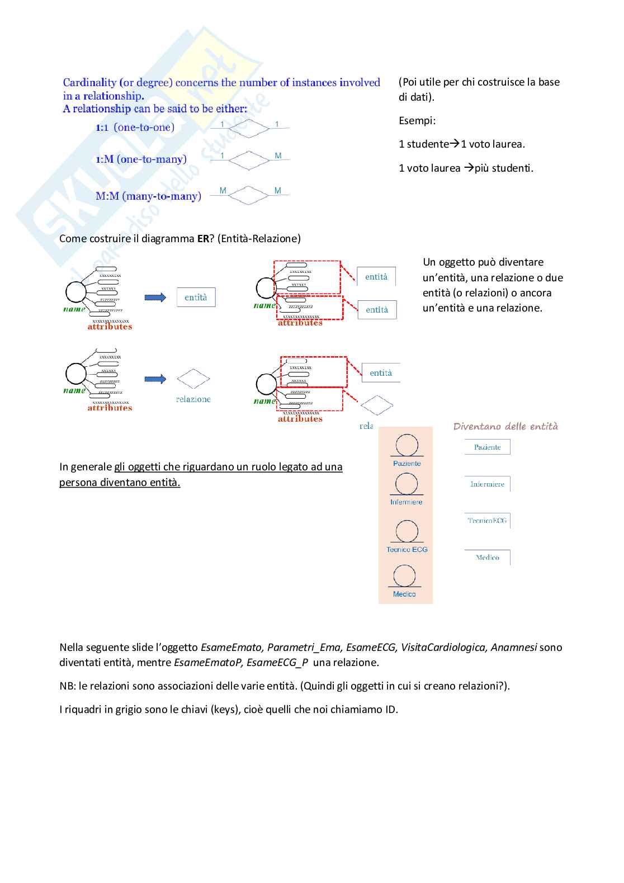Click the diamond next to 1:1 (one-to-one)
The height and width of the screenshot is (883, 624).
249,129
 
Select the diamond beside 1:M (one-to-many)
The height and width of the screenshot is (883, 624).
249,160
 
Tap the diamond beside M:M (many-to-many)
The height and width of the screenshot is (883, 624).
249,195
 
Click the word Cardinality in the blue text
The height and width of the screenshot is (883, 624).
89,83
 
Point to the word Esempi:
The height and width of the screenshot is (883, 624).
417,121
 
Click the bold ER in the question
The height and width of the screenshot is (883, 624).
203,239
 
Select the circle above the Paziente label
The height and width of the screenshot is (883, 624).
406,446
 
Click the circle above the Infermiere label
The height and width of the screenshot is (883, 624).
406,484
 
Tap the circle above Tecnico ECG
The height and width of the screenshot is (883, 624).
406,531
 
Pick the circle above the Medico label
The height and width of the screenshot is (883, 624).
404,576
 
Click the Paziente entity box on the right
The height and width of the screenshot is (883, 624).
487,447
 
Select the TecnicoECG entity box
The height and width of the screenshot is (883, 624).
487,521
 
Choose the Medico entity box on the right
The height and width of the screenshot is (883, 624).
487,558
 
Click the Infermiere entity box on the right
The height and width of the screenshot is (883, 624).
487,484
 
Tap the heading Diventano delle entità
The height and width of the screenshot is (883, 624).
505,427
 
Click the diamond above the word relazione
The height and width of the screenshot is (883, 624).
193,379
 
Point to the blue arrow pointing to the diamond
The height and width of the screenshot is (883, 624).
155,379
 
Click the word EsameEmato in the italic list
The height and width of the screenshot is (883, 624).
231,648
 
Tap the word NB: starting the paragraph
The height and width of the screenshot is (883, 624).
68,686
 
